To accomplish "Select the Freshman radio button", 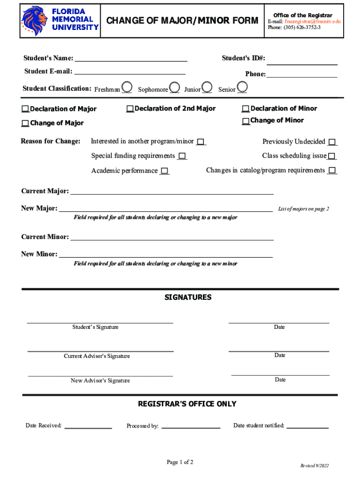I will coord(126,87).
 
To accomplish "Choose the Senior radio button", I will coord(242,87).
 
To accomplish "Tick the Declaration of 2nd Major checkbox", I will coord(130,109).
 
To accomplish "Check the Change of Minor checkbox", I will coord(245,121).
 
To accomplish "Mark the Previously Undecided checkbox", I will coord(332,142).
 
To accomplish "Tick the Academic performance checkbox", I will coord(164,171).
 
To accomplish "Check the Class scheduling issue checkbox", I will coord(331,156).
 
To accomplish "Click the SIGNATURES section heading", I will coord(187,298).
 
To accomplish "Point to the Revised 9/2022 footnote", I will coord(314,466).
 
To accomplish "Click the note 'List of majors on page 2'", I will coord(303,209).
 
